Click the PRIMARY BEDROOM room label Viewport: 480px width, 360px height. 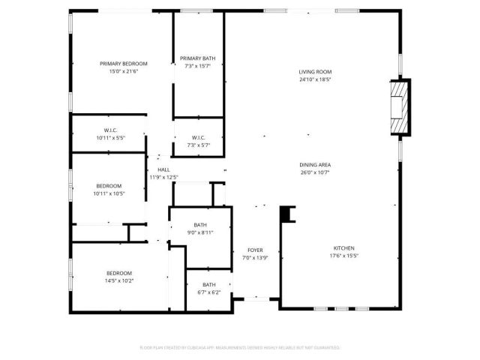point(124,64)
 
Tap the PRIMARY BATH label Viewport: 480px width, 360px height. point(198,58)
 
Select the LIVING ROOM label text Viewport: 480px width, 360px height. point(314,71)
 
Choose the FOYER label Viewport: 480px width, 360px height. point(256,250)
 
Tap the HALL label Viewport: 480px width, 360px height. point(163,170)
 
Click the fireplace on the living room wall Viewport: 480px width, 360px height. point(400,107)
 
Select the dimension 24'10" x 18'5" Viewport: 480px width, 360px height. point(314,79)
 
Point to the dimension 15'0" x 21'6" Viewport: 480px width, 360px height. point(124,71)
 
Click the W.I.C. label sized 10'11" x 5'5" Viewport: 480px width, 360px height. point(109,130)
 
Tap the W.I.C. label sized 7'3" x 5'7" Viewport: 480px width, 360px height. point(199,137)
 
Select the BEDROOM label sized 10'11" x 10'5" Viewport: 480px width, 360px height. point(109,186)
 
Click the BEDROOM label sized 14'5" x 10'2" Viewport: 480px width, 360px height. point(118,273)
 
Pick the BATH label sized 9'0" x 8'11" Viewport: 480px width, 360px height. point(200,225)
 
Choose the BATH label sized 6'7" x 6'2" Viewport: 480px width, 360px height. point(208,285)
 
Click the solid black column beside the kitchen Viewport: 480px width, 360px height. point(286,214)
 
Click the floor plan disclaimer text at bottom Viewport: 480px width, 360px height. point(240,348)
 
